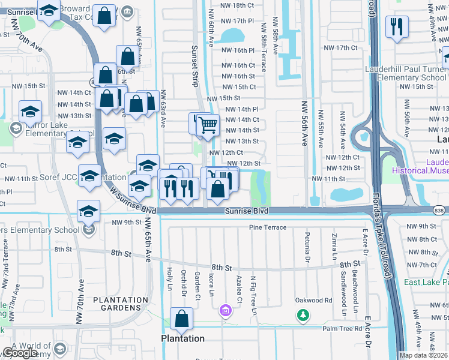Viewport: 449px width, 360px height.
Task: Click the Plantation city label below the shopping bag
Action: pos(182,338)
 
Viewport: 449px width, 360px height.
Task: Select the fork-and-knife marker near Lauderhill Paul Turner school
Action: pos(397,27)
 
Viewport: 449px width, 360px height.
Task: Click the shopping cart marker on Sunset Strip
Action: pos(208,125)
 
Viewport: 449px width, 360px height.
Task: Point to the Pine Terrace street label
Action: pos(268,227)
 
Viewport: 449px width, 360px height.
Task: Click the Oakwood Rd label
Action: pos(313,300)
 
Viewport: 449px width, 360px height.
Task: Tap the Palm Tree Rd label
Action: pos(342,328)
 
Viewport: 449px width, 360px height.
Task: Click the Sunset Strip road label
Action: pos(194,65)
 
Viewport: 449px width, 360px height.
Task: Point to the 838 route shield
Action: pos(441,209)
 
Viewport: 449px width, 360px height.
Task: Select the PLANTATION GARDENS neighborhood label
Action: pos(121,305)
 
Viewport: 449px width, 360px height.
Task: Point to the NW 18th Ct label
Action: pos(238,5)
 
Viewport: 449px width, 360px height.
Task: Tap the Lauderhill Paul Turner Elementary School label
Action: pos(406,73)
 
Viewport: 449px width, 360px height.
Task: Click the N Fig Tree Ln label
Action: pos(253,295)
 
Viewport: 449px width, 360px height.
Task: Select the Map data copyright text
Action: pos(423,355)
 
